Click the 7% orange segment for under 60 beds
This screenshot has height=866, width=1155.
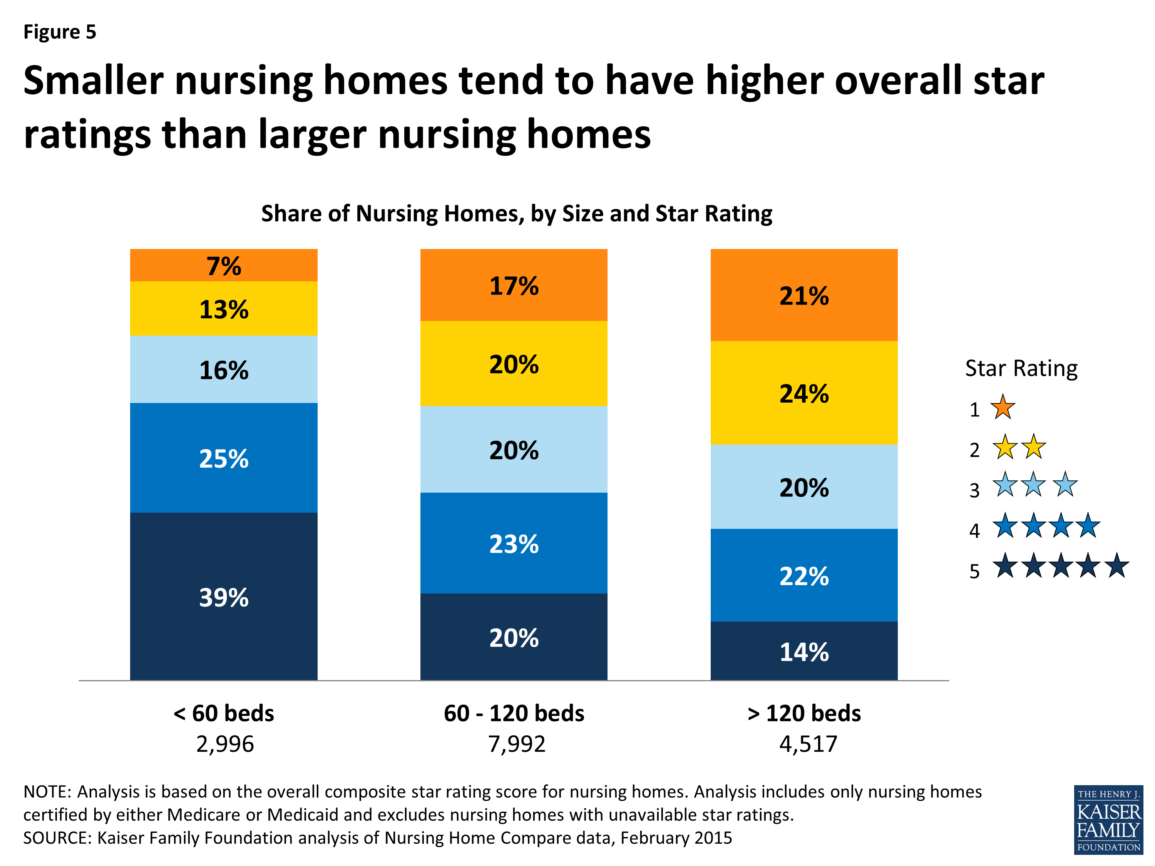223,266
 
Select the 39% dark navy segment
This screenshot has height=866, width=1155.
223,597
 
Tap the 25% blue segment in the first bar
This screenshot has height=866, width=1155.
223,458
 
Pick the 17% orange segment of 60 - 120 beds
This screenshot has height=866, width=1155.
514,285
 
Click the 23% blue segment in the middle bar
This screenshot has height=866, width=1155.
514,543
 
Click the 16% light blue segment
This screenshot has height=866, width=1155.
223,369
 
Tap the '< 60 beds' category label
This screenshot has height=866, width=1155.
223,713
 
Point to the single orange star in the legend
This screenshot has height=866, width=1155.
1003,408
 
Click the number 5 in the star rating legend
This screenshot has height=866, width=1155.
974,571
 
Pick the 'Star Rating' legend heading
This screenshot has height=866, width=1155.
1021,368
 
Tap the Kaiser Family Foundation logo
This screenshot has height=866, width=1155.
1108,819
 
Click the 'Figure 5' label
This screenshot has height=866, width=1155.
60,32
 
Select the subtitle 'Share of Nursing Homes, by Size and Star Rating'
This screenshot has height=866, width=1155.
516,214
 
